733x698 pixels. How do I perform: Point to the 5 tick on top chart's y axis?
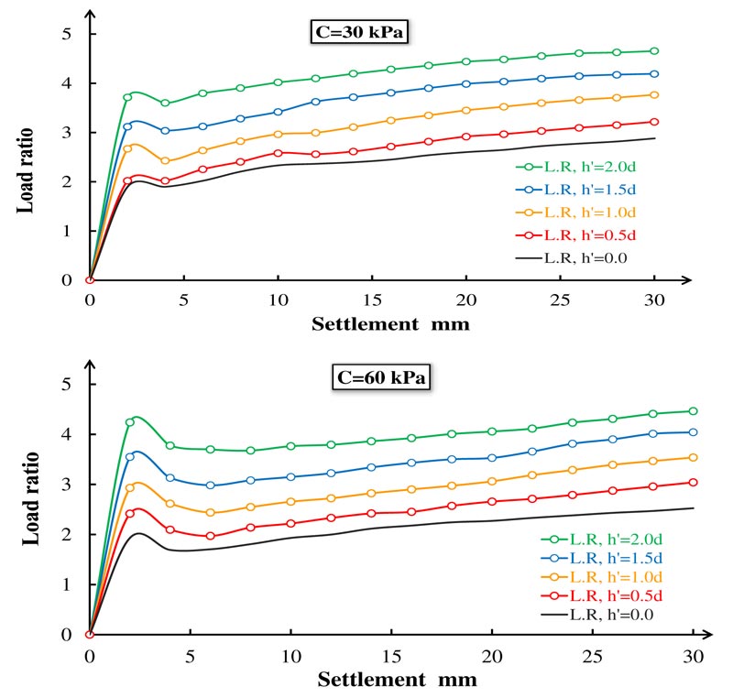pyautogui.click(x=66, y=34)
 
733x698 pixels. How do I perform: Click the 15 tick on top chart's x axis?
pyautogui.click(x=371, y=300)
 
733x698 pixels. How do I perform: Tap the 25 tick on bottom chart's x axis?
pyautogui.click(x=593, y=656)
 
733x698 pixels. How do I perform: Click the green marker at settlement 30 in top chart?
pyautogui.click(x=654, y=51)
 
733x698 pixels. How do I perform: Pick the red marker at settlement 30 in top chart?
pyautogui.click(x=654, y=121)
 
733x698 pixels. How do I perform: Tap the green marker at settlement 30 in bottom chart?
pyautogui.click(x=694, y=411)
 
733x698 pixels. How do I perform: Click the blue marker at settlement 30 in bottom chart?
pyautogui.click(x=694, y=432)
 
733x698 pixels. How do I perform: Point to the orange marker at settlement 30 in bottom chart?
pyautogui.click(x=694, y=457)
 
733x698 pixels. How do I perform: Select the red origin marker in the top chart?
pyautogui.click(x=90, y=280)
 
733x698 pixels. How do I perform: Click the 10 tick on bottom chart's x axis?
pyautogui.click(x=290, y=656)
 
